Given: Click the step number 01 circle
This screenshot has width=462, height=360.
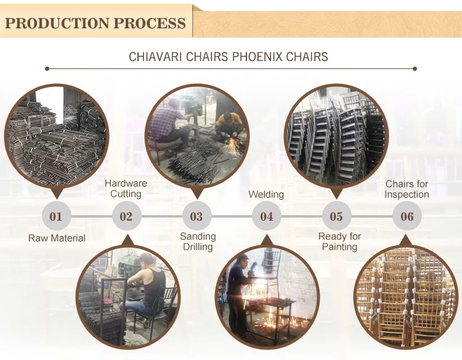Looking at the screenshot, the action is pos(56,216).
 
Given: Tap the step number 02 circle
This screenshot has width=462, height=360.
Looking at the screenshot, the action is pos(126,216).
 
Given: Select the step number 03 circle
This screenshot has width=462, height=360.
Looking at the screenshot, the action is pos(197,216).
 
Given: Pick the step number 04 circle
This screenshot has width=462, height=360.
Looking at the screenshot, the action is pos(266,216).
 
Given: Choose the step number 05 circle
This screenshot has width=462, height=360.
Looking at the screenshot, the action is pos(336,216).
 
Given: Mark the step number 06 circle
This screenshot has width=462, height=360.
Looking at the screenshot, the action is pos(407,216).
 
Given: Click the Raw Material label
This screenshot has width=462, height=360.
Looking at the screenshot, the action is pos(57,238).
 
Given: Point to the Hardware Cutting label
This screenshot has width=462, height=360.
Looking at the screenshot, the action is pos(126,189).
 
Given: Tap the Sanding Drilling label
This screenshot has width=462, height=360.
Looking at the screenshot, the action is pos(198,242).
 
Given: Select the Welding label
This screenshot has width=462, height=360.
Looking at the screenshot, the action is pos(266,195).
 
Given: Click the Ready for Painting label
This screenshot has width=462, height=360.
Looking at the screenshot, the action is pos(339,242).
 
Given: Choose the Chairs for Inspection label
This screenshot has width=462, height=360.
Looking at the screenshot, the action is pos(407,189).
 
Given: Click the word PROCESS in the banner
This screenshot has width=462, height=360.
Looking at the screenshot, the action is pos(148,23).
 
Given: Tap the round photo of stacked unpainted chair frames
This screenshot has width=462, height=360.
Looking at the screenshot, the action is pos(336,134).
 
